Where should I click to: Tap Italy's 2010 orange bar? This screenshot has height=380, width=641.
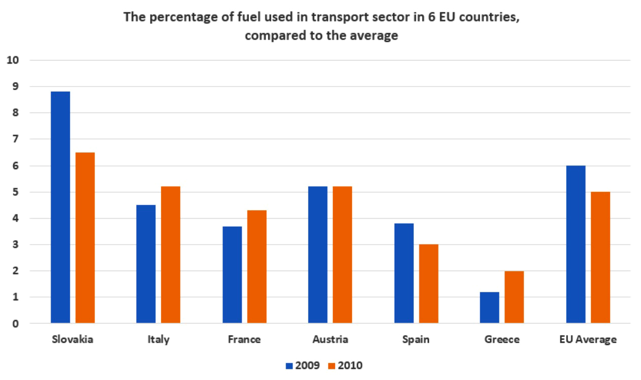tap(171, 255)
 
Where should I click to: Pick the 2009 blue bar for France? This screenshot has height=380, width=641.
tap(232, 275)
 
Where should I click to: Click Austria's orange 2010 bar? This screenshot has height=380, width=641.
tap(342, 255)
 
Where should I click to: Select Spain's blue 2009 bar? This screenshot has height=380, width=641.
tap(404, 273)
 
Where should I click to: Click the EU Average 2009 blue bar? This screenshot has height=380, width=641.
tap(575, 245)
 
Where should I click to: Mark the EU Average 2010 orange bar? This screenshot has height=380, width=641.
tap(600, 257)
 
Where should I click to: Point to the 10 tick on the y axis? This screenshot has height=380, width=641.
tap(13, 60)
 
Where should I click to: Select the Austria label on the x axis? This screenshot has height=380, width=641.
tap(330, 340)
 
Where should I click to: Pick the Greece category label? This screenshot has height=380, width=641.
tap(501, 340)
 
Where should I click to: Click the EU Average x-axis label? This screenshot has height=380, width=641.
tap(588, 340)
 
